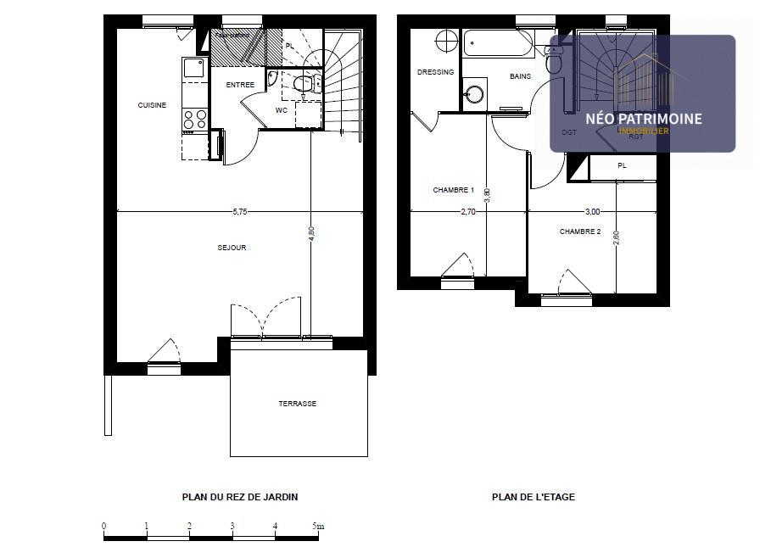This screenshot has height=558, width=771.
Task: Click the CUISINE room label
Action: (x=153, y=105)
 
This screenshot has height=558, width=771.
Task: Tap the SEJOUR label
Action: (x=232, y=248)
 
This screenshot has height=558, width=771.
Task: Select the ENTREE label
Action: (x=240, y=85)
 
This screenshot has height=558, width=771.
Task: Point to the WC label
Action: (x=282, y=110)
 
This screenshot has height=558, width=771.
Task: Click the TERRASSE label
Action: (x=298, y=404)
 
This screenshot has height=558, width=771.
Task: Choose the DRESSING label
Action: (x=436, y=72)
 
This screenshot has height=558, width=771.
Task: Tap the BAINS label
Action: (x=520, y=76)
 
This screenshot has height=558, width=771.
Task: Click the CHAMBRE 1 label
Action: (x=454, y=190)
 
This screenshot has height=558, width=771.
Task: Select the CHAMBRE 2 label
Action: (x=580, y=232)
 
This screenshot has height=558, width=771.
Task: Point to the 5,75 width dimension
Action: (x=240, y=212)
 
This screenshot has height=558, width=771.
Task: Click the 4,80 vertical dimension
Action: (x=311, y=233)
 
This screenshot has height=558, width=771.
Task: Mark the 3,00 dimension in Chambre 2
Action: (x=592, y=211)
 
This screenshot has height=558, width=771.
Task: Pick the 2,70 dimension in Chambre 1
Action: (x=467, y=212)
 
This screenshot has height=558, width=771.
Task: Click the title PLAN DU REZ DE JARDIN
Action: (x=240, y=497)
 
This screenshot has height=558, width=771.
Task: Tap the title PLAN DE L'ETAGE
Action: (x=534, y=497)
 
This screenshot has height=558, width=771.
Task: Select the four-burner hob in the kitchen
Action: (x=194, y=120)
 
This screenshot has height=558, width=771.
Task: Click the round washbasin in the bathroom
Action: (x=474, y=92)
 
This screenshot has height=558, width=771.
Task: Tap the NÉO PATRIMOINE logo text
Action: (x=645, y=119)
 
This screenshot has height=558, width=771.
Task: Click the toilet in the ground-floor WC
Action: (x=303, y=83)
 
